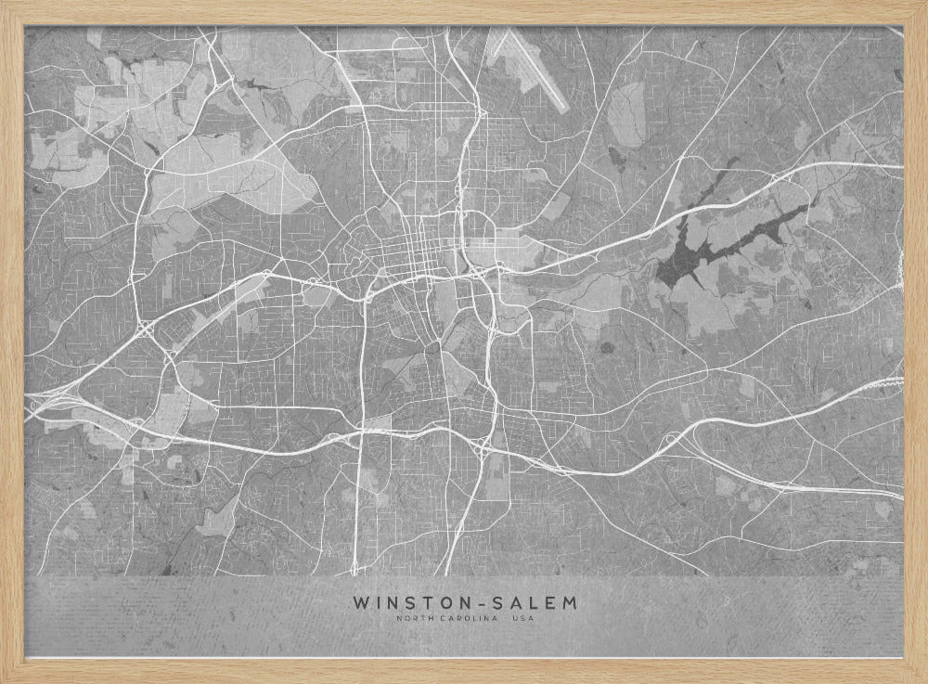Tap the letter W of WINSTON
[x=360, y=603]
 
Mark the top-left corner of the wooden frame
[x=4, y=4]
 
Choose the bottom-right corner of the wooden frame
[x=923, y=679]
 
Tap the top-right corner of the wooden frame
[x=923, y=4]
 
